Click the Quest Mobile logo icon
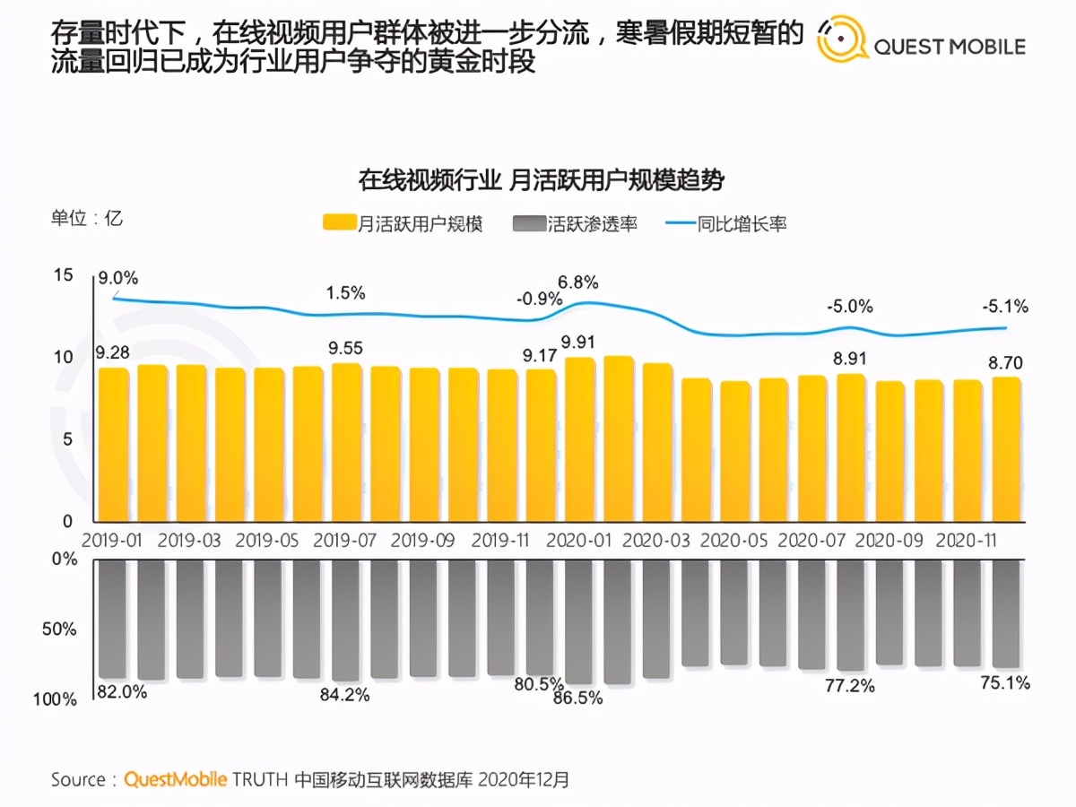pyautogui.click(x=842, y=40)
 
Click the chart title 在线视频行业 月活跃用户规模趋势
pyautogui.click(x=541, y=179)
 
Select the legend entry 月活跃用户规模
pyautogui.click(x=403, y=224)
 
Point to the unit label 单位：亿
pyautogui.click(x=86, y=218)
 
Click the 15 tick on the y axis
pyautogui.click(x=63, y=276)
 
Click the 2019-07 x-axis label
pyautogui.click(x=345, y=542)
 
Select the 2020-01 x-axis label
pyautogui.click(x=579, y=542)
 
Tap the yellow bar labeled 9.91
pyautogui.click(x=579, y=439)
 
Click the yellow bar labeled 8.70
pyautogui.click(x=1006, y=449)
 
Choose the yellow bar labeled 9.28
pyautogui.click(x=113, y=444)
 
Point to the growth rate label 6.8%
pyautogui.click(x=577, y=282)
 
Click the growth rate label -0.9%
pyautogui.click(x=538, y=298)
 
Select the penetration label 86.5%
pyautogui.click(x=578, y=698)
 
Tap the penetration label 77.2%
pyautogui.click(x=849, y=686)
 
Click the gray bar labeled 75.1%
pyautogui.click(x=1006, y=614)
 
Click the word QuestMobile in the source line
pyautogui.click(x=176, y=779)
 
